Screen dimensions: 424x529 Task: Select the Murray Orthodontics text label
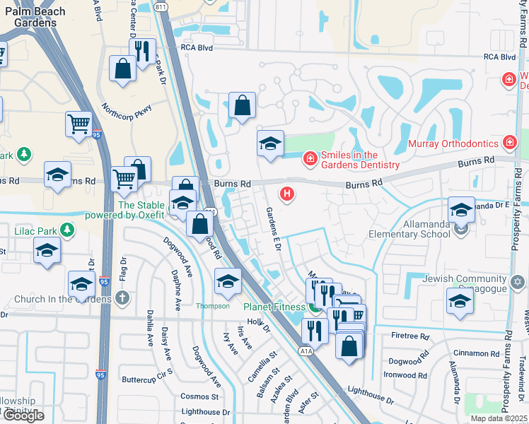coord(453,143)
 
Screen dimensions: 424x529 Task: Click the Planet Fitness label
coord(275,307)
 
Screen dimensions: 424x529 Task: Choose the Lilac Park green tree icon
coord(67,230)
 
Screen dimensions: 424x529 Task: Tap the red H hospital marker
coord(287,192)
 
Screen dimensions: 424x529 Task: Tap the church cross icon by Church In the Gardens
coord(123,298)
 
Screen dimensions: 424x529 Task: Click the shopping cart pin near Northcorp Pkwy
coord(79,124)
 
